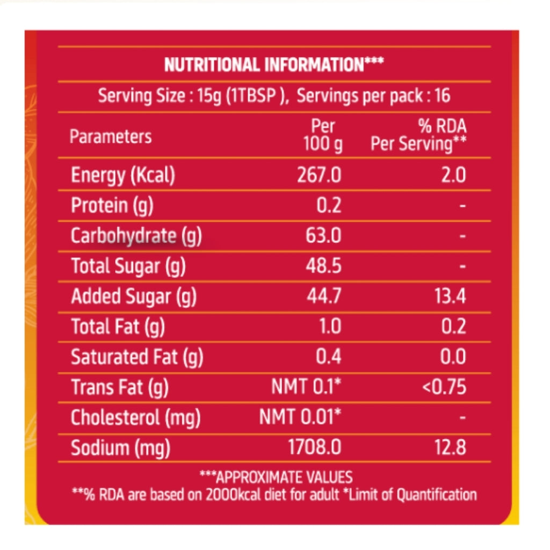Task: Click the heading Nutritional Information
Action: pos(274,66)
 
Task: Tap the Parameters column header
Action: pos(111,136)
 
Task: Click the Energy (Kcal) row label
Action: pos(123,176)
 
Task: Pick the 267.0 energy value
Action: pos(319,176)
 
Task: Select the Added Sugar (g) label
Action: pos(134,296)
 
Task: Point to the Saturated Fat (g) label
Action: pos(137,357)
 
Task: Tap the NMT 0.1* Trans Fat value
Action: pos(306,387)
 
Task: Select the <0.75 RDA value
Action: pos(444,387)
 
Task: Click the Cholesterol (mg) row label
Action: pos(136,417)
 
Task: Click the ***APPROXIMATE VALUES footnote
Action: pos(276,477)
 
